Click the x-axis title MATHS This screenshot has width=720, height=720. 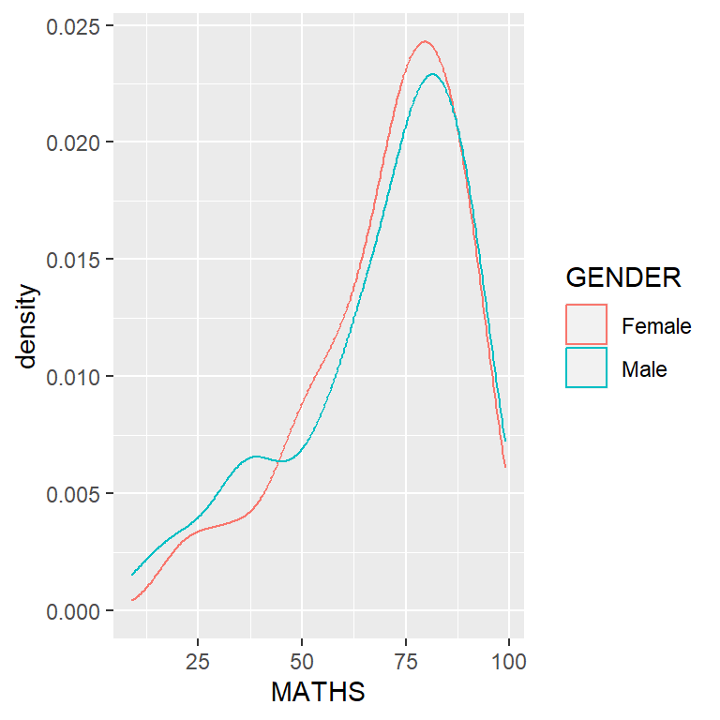pos(318,693)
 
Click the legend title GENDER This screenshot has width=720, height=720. pos(623,278)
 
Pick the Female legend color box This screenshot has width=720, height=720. pos(587,325)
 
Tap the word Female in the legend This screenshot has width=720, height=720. pos(656,326)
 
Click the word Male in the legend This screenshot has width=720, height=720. pos(644,369)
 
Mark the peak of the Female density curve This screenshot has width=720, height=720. pos(425,41)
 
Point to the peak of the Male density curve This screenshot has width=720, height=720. pos(432,74)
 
